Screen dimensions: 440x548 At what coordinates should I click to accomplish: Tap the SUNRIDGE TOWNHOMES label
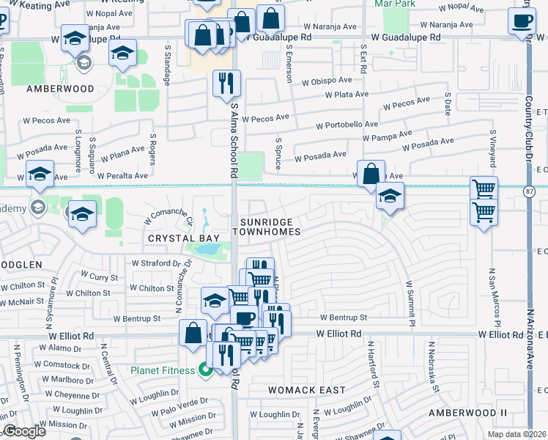click(267, 227)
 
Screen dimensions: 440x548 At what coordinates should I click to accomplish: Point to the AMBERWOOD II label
click(467, 414)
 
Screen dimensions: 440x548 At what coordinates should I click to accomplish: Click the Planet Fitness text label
click(162, 370)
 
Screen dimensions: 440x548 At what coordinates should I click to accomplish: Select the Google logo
click(24, 431)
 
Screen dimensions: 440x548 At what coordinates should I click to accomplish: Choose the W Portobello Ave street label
click(347, 125)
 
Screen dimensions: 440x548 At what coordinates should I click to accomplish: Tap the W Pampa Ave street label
click(387, 137)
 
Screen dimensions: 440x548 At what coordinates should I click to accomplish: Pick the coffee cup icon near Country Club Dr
click(522, 21)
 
